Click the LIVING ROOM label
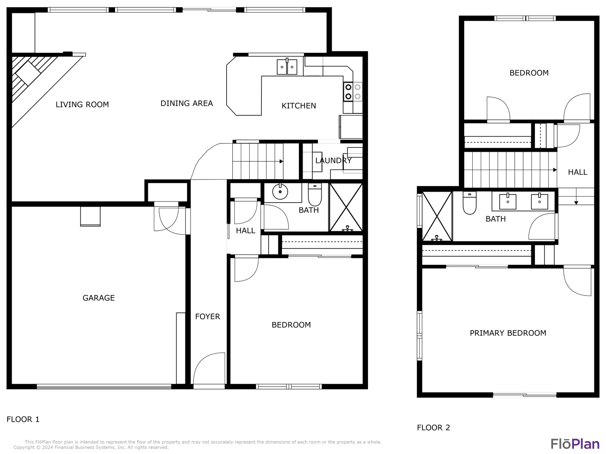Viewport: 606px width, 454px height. click(x=82, y=105)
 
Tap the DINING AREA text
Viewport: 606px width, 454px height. click(x=187, y=103)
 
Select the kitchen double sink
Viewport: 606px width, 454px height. click(x=287, y=67)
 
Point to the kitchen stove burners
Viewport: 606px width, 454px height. click(x=353, y=92)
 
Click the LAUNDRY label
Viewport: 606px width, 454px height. click(x=334, y=161)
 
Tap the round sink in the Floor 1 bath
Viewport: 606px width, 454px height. click(x=280, y=191)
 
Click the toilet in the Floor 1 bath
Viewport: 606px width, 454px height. click(x=315, y=195)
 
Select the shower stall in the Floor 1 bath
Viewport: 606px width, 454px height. click(x=346, y=207)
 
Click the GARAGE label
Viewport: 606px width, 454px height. click(x=99, y=298)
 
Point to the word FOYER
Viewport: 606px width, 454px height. click(x=208, y=316)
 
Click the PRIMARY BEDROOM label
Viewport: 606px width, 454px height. click(x=508, y=333)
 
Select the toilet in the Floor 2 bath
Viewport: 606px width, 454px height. click(x=469, y=203)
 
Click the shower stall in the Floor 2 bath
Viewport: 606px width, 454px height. click(x=437, y=217)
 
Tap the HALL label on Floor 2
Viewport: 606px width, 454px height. click(x=578, y=172)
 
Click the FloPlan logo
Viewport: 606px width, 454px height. click(x=575, y=444)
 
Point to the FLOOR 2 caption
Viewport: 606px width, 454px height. click(x=433, y=427)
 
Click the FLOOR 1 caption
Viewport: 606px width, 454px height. click(x=23, y=419)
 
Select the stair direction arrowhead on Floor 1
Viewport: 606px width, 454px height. click(x=281, y=161)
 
